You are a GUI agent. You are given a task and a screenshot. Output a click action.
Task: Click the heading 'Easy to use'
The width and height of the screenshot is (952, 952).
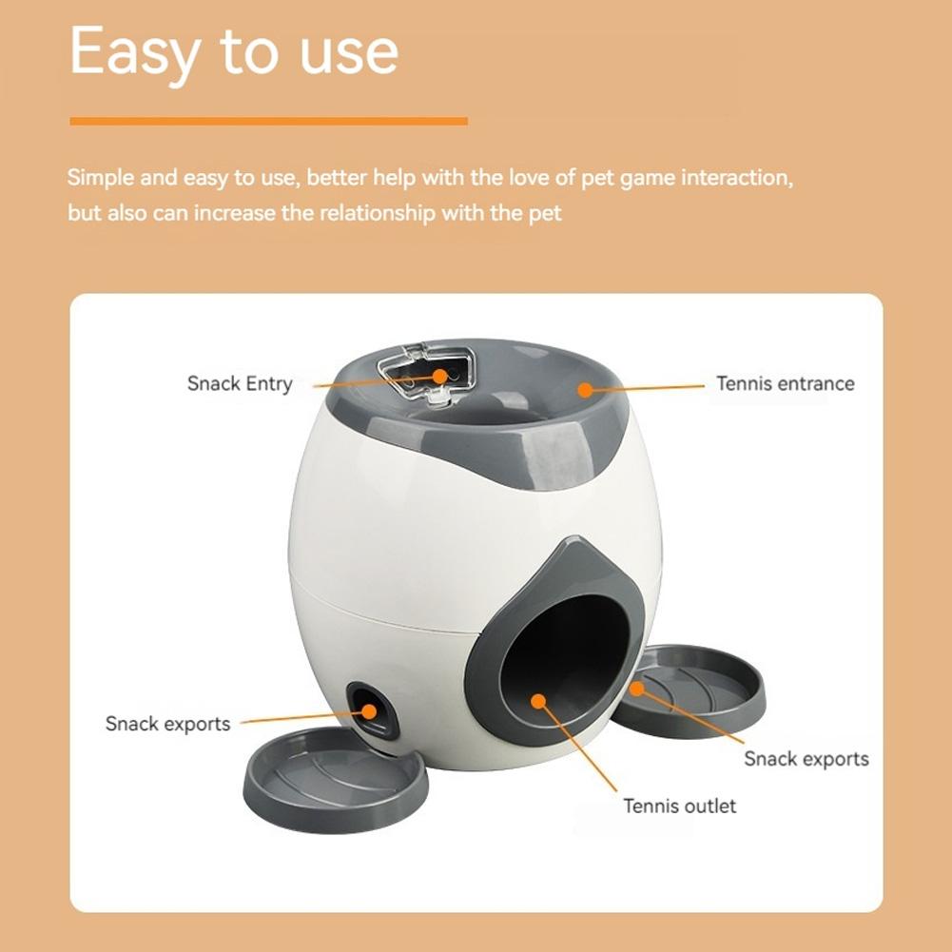(234, 51)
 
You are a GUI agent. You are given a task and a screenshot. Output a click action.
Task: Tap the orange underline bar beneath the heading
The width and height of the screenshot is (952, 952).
(268, 121)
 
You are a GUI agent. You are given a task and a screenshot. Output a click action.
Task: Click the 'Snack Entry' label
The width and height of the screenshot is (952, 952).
(240, 384)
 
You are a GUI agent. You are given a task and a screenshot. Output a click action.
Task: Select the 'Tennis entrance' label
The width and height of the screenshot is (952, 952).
(785, 384)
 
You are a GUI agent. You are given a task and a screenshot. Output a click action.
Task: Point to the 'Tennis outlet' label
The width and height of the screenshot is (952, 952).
(679, 806)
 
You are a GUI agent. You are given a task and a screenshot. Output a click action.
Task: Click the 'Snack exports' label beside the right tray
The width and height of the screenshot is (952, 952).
(806, 759)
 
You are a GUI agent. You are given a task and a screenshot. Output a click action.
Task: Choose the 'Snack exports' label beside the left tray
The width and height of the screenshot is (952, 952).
(167, 724)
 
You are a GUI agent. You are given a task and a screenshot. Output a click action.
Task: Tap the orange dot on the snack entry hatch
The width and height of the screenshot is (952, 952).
(439, 376)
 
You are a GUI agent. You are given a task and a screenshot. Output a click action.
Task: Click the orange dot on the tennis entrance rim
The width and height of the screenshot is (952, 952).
(585, 389)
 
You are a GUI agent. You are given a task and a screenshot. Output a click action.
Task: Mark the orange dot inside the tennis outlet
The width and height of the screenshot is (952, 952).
(538, 702)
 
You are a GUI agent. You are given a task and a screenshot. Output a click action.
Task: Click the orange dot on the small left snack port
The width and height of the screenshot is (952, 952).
(365, 709)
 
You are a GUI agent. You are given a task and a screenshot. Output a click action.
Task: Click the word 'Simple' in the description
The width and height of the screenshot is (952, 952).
(99, 178)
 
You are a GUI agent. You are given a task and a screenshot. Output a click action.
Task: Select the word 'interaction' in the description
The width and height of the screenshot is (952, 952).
(732, 178)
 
